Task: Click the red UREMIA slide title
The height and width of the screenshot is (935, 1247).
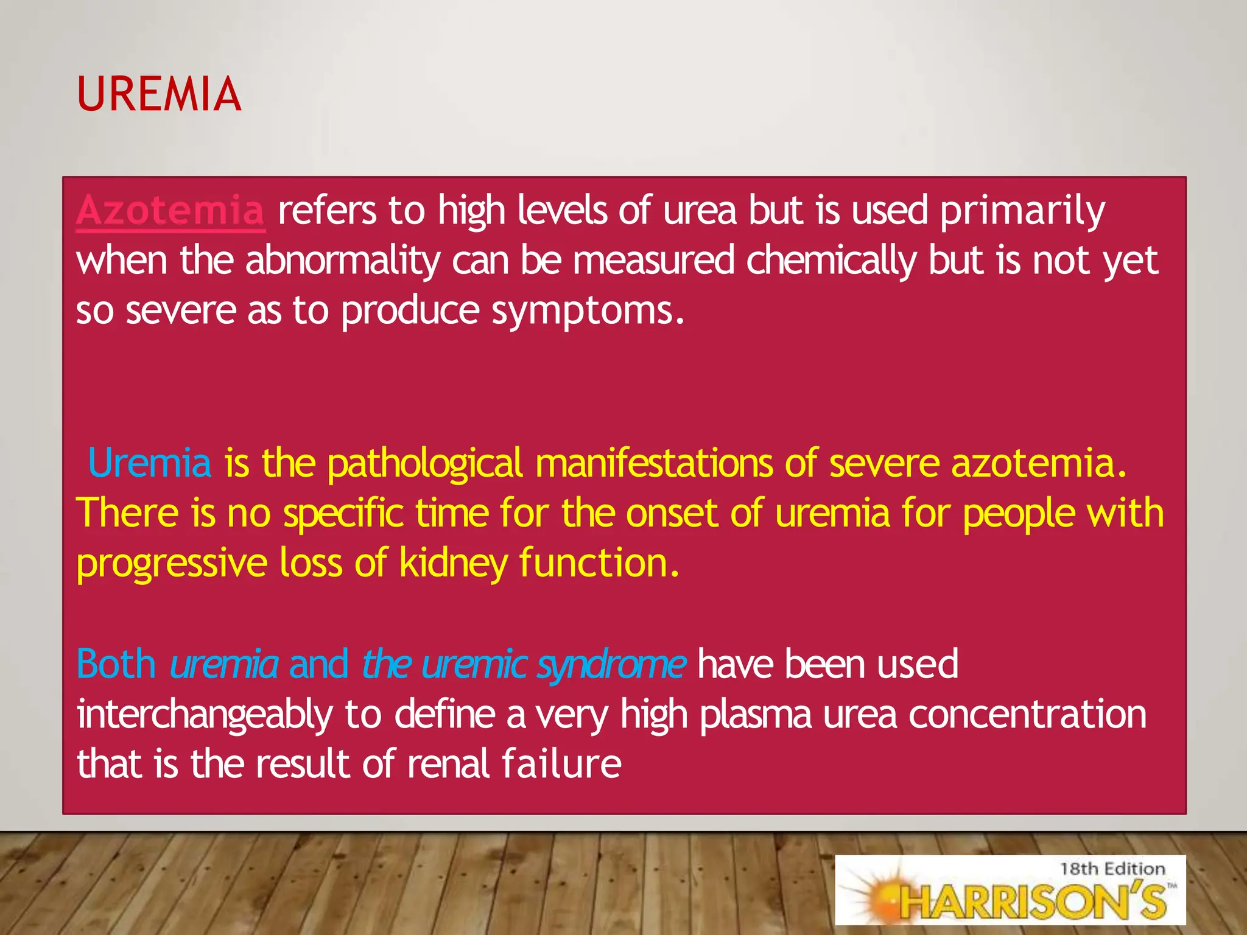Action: [159, 94]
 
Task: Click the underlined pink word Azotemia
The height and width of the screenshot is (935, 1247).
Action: [170, 211]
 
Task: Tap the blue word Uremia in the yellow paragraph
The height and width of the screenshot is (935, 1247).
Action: [150, 463]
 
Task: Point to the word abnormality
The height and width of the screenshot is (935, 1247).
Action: [343, 261]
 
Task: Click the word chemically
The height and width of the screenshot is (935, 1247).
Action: [831, 261]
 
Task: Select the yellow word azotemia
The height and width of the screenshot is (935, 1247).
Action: [1039, 463]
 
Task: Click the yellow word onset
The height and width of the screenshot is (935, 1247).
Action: [672, 513]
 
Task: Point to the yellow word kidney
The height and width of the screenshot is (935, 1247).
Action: [453, 564]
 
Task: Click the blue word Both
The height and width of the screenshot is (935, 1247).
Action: [116, 664]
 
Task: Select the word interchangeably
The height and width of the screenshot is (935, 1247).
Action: [205, 715]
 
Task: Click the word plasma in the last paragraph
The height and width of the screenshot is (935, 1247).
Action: [756, 715]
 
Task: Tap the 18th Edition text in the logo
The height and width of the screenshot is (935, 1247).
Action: [1112, 869]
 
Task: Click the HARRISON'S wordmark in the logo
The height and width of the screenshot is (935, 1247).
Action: [1033, 901]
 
